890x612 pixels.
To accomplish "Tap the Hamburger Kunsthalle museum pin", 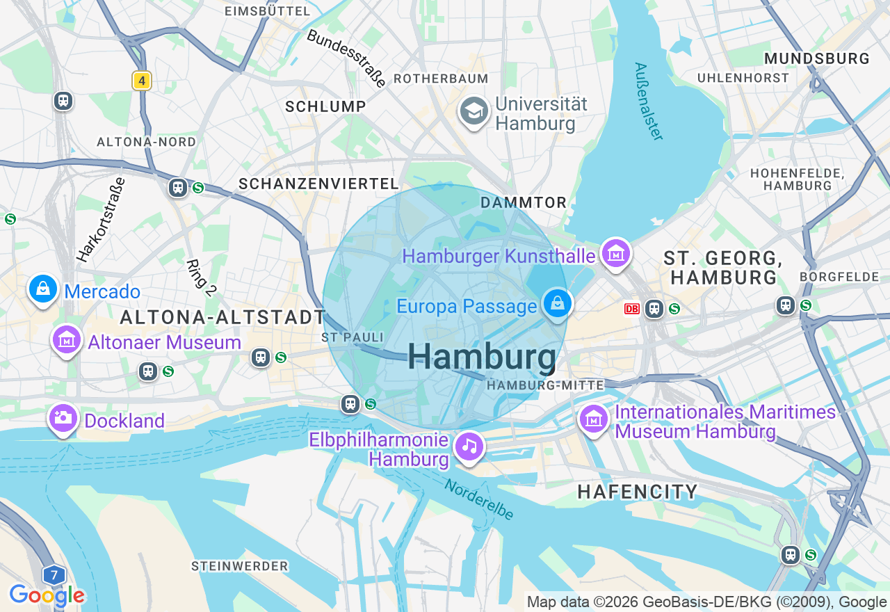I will [615, 254].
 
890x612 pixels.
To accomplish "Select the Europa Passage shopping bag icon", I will [557, 304].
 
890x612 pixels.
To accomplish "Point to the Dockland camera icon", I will [63, 419].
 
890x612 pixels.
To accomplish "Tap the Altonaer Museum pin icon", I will [67, 341].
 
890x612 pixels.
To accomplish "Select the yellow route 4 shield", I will [142, 81].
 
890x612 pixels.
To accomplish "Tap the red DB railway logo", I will [631, 308].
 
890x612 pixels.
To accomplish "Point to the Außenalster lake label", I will [648, 102].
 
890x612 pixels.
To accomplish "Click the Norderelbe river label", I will [480, 499].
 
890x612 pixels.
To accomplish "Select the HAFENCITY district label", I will [638, 492].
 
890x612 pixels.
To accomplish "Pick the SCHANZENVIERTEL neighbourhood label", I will [318, 184].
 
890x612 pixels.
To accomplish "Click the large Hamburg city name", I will [482, 357].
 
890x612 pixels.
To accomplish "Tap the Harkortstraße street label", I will [102, 220].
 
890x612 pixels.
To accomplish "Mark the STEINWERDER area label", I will [239, 566].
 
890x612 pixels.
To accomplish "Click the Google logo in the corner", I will [47, 595].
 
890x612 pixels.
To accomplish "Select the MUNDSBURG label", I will [816, 58].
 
